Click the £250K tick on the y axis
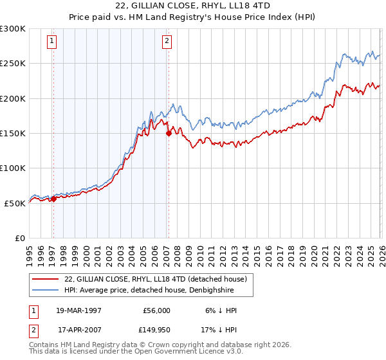pos(13,64)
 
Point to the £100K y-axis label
pos(13,168)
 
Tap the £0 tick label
pos(19,238)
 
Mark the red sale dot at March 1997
pos(53,199)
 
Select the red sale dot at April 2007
pos(169,134)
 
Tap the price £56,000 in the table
pos(156,310)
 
